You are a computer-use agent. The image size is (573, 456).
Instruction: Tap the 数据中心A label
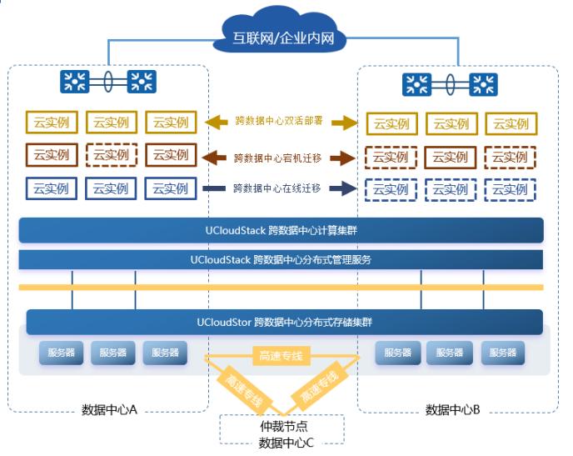point(108,409)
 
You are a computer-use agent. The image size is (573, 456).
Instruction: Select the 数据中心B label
point(453,409)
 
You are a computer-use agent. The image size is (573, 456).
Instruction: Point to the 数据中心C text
point(286,442)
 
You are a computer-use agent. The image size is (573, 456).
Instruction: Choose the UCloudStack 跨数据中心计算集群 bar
point(281,230)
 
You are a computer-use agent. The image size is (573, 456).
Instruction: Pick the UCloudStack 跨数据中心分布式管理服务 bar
point(281,259)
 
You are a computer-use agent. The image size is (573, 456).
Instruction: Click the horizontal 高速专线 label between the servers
point(281,357)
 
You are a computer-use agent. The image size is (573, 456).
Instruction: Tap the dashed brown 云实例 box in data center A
point(111,154)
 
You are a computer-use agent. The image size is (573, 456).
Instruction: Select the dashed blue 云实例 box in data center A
point(111,188)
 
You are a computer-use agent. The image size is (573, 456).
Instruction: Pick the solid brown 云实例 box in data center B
point(451,157)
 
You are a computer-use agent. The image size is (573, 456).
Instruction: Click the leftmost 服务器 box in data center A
point(60,353)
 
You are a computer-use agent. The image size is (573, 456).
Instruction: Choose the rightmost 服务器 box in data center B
point(503,353)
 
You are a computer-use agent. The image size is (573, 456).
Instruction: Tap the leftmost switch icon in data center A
point(74,81)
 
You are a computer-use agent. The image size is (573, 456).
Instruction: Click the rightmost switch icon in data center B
point(484,84)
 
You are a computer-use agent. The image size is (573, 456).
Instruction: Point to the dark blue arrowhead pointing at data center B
point(342,188)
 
